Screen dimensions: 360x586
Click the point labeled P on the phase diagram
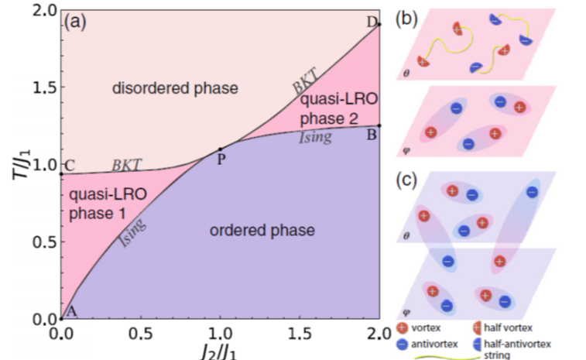click(x=220, y=149)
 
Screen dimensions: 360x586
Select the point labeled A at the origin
click(x=61, y=318)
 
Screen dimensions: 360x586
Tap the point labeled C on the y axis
click(x=61, y=173)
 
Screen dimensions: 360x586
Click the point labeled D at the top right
click(x=379, y=26)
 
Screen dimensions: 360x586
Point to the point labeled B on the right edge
click(x=379, y=126)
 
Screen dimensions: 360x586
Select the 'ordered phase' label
click(x=262, y=230)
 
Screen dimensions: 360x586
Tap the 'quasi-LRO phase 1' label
click(x=98, y=202)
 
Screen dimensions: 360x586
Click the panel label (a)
click(x=79, y=22)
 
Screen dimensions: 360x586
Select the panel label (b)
click(x=408, y=19)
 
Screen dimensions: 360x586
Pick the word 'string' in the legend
click(x=498, y=355)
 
